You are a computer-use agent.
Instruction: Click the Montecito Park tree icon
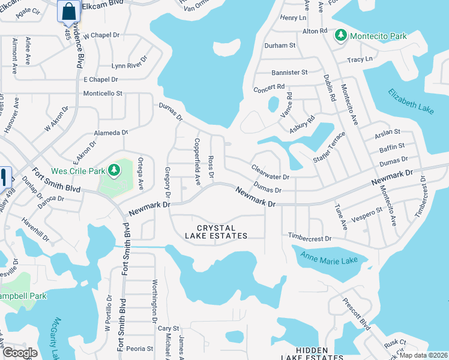pos(341,36)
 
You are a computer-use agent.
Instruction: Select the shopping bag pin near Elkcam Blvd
pos(69,11)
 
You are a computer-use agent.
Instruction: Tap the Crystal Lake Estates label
pos(222,232)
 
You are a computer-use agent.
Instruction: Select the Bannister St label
pos(289,72)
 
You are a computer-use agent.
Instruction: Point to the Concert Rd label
pos(268,87)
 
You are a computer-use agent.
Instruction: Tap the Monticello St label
pos(103,94)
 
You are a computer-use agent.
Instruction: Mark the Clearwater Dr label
pos(270,173)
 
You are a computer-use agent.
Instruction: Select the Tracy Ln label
pos(360,59)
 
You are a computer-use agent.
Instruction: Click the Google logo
pos(20,353)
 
